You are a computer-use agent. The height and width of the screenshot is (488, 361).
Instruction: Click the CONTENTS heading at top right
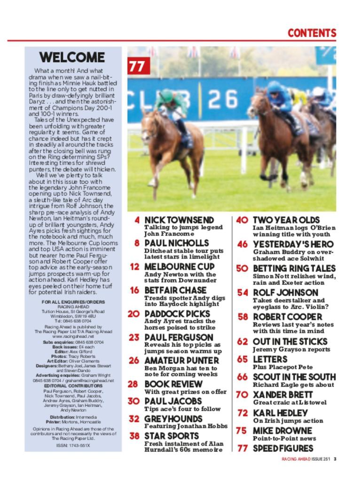(x=312, y=33)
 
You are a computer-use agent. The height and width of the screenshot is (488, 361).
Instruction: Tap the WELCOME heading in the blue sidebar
(x=72, y=58)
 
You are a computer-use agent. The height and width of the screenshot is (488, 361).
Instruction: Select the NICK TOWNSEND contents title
(x=179, y=220)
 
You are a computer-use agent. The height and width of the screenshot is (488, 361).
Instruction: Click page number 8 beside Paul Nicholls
(x=137, y=244)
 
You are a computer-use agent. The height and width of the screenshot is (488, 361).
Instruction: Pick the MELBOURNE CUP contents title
(x=179, y=267)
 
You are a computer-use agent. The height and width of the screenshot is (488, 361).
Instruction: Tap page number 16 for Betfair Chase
(x=134, y=290)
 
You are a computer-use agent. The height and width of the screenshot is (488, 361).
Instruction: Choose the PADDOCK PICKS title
(x=177, y=314)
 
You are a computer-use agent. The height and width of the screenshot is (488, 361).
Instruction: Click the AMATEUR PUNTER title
(x=181, y=360)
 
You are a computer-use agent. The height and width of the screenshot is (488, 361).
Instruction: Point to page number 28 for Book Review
(x=133, y=384)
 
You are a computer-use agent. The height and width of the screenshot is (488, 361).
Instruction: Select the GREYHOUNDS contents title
(x=173, y=419)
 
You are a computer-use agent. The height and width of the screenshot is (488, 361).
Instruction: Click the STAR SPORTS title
(x=172, y=436)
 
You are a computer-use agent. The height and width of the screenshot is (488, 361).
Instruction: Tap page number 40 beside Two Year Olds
(x=242, y=220)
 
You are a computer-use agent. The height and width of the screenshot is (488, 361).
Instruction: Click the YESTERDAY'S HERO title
(x=293, y=244)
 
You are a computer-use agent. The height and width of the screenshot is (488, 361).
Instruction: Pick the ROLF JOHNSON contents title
(x=285, y=292)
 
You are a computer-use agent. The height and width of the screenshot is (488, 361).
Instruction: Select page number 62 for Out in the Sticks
(x=242, y=341)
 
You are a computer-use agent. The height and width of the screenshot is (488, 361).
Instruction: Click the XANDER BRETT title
(x=283, y=394)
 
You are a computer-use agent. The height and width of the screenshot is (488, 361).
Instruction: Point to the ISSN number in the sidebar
(x=73, y=445)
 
